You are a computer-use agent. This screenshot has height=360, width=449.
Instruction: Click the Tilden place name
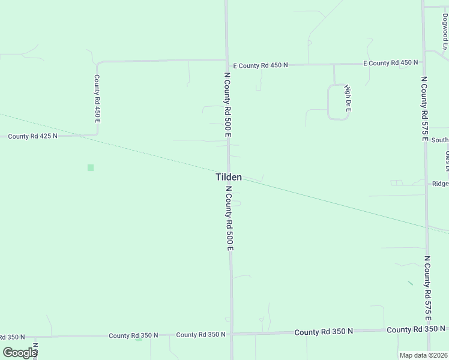(229, 177)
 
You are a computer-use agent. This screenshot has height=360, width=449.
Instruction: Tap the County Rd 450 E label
(96, 99)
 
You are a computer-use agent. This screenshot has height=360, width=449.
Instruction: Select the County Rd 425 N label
(33, 136)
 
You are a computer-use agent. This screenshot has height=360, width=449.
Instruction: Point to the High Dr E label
(347, 99)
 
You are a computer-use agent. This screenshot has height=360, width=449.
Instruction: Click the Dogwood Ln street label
(445, 30)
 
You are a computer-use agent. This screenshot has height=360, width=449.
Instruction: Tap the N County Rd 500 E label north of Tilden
(228, 105)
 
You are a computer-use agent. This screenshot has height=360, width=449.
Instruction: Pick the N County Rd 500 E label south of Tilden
(229, 217)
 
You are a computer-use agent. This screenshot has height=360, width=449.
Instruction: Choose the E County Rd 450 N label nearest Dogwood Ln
(390, 63)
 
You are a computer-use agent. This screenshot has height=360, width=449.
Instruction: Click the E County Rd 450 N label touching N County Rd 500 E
(261, 65)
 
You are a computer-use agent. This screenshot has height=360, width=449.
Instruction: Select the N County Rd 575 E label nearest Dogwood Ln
(424, 108)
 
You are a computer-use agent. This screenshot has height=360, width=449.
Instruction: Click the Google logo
(20, 352)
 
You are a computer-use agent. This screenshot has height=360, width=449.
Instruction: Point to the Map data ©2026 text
(423, 355)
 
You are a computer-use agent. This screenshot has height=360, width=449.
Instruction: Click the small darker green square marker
(91, 167)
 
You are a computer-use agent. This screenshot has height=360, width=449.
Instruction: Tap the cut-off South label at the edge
(439, 140)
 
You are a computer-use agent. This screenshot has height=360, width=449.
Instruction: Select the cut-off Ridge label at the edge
(439, 184)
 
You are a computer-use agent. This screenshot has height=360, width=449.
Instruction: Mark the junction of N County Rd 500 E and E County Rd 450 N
(226, 59)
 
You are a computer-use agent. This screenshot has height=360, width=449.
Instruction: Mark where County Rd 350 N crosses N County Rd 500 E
(231, 334)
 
